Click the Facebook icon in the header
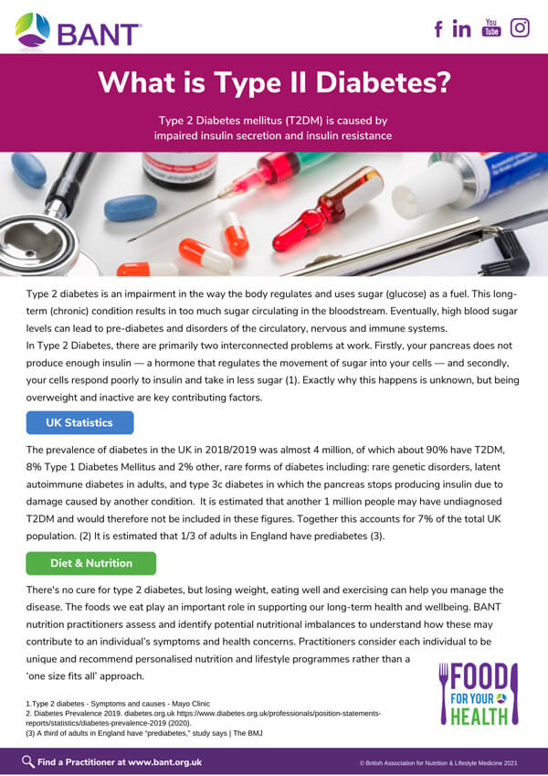tap(438, 28)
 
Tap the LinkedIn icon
tap(461, 28)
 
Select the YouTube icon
tap(491, 27)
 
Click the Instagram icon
tap(520, 27)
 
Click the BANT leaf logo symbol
tap(33, 30)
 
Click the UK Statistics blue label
tap(79, 422)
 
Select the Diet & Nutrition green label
tap(90, 563)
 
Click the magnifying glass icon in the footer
tap(28, 761)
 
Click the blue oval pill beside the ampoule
tap(131, 207)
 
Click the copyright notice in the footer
tap(438, 762)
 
